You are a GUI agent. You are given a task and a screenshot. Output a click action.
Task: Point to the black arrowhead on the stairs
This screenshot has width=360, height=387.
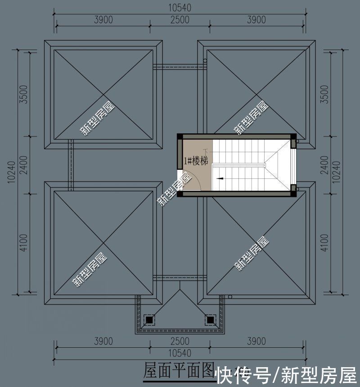coord(220,178)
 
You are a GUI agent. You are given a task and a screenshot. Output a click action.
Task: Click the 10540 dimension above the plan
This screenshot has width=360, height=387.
coord(180,8)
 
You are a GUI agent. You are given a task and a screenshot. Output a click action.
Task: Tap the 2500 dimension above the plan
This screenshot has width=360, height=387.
coord(180,20)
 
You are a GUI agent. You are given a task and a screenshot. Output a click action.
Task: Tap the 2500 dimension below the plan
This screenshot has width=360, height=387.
coord(180,341)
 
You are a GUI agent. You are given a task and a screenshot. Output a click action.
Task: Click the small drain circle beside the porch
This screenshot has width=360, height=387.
coord(230,296)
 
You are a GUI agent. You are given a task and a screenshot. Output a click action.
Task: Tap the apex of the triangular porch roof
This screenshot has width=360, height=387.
coord(180,288)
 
